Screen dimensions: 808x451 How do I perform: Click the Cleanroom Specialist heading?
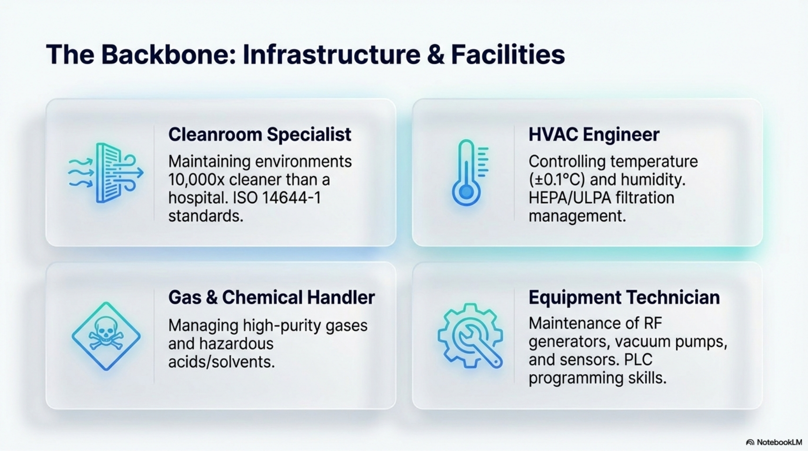(259, 135)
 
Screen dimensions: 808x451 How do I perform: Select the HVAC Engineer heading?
(594, 135)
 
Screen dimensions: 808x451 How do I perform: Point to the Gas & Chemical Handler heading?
(271, 298)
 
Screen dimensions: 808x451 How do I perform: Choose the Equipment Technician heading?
(624, 298)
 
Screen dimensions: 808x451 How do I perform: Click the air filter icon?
(106, 173)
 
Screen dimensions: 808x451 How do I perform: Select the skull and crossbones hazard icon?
(106, 336)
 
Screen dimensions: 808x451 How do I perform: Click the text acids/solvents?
(221, 362)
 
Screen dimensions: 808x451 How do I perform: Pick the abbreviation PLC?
(638, 360)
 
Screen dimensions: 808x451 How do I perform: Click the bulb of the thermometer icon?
(466, 192)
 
